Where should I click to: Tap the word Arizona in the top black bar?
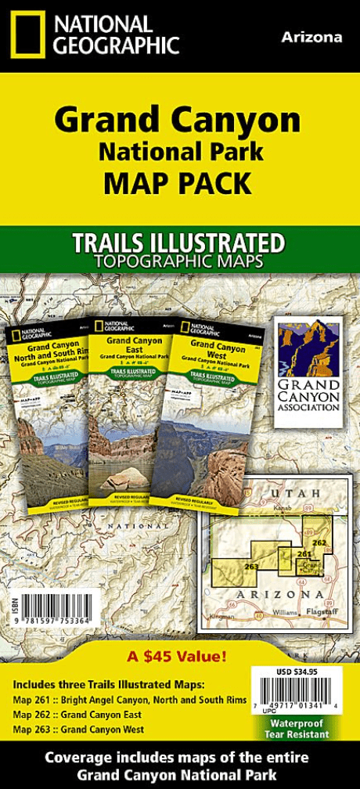coord(311,37)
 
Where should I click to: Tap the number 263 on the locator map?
coord(251,566)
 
